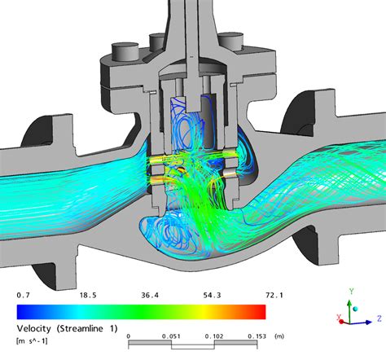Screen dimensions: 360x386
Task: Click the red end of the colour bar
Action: click(x=259, y=311)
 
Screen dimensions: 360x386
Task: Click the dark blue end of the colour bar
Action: click(x=22, y=311)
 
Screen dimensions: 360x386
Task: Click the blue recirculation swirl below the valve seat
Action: click(x=163, y=231)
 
